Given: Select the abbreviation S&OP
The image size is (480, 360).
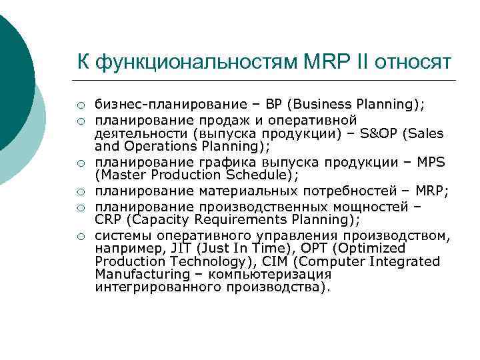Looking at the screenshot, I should tap(377, 133).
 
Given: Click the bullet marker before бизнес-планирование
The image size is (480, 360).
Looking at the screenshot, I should tap(79, 105).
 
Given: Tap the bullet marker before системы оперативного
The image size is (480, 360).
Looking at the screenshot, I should tap(79, 235).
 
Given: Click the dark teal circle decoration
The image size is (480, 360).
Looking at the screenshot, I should tap(13, 73).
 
